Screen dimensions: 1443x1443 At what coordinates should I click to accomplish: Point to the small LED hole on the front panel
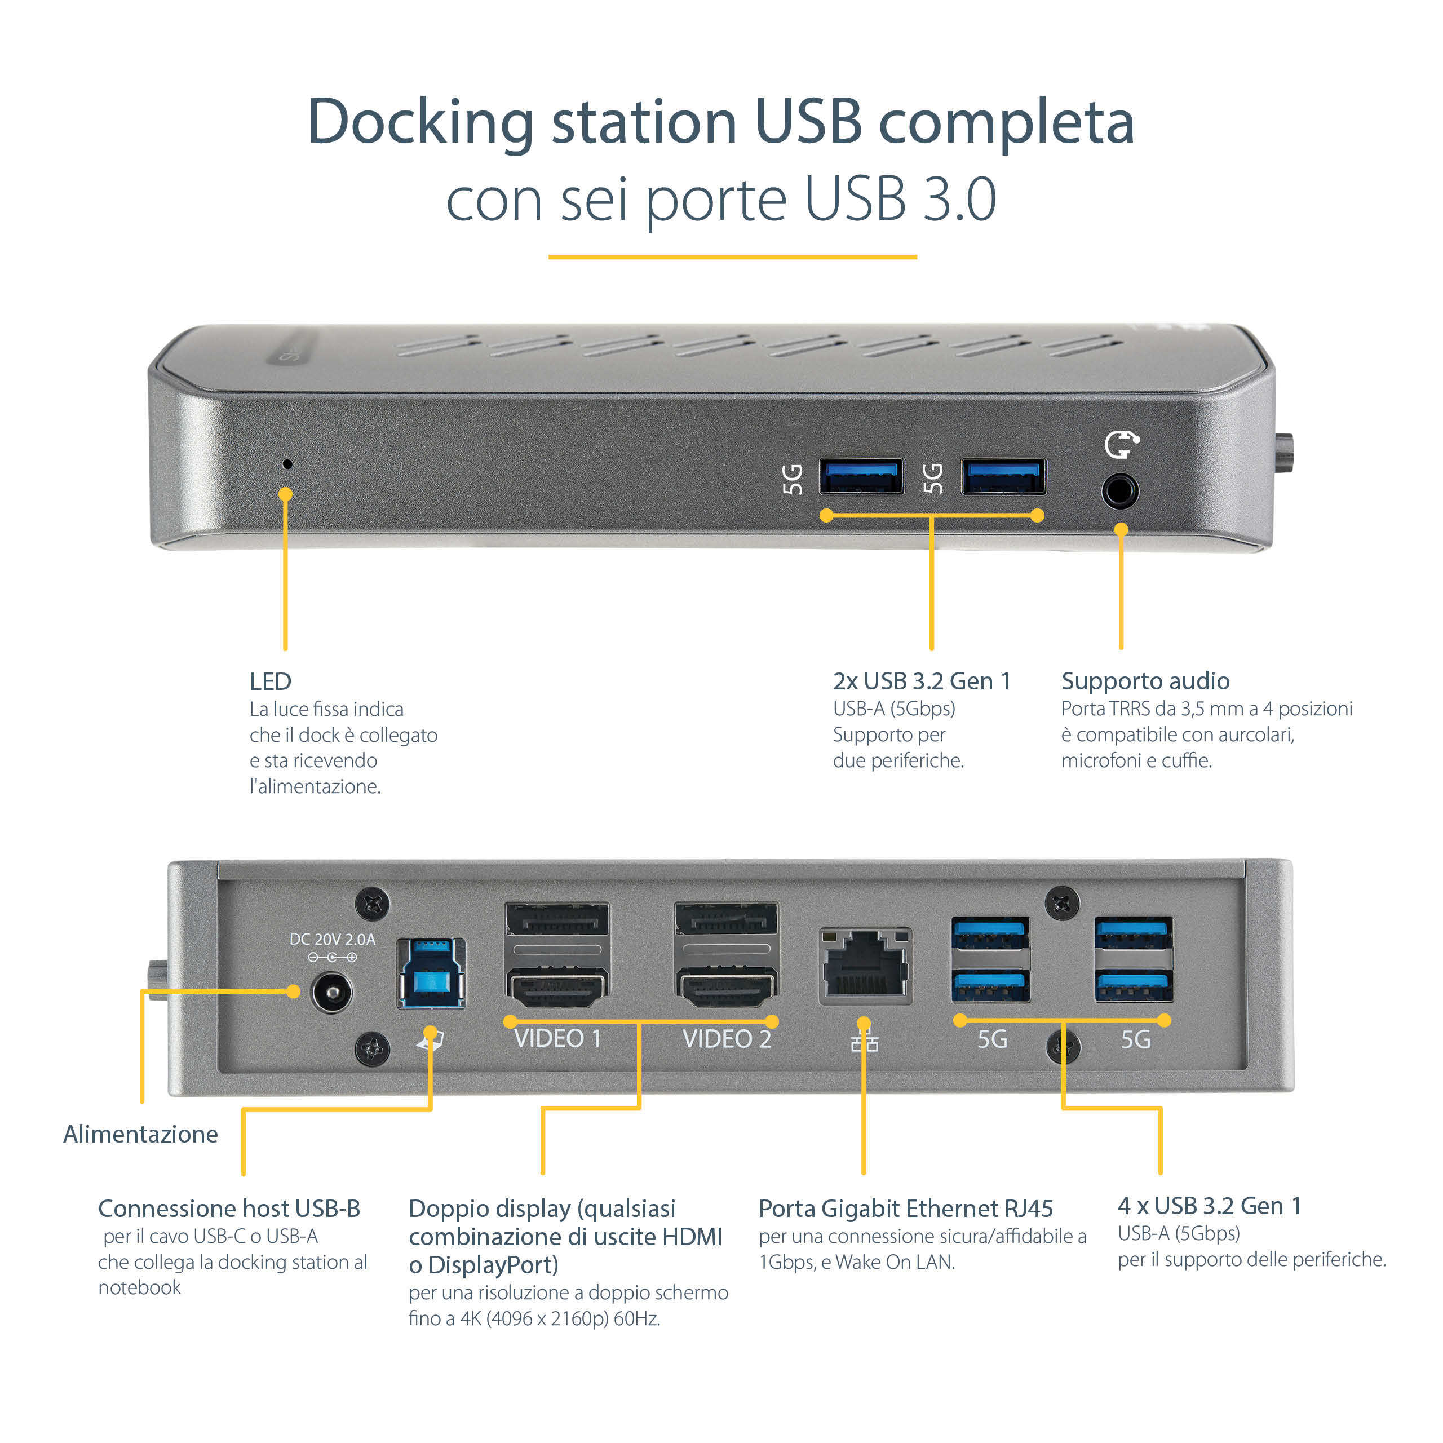pyautogui.click(x=287, y=464)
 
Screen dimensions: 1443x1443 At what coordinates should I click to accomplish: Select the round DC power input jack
pyautogui.click(x=331, y=993)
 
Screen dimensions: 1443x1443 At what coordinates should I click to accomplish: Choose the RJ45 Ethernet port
pyautogui.click(x=865, y=964)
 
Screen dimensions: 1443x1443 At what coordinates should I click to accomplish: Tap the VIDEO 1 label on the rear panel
pyautogui.click(x=557, y=1039)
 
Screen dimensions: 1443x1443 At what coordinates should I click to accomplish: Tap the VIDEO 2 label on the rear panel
pyautogui.click(x=726, y=1039)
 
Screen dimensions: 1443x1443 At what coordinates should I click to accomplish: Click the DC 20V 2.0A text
pyautogui.click(x=333, y=939)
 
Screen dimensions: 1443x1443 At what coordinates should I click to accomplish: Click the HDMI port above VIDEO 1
pyautogui.click(x=557, y=988)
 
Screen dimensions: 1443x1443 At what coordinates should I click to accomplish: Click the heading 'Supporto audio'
pyautogui.click(x=1145, y=680)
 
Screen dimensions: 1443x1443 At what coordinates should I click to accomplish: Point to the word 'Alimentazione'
pyautogui.click(x=140, y=1134)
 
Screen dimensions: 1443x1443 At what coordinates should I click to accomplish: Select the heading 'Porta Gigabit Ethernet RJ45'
pyautogui.click(x=905, y=1208)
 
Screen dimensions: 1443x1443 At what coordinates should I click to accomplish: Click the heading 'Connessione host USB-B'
pyautogui.click(x=229, y=1208)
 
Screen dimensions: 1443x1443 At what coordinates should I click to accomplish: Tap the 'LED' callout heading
pyautogui.click(x=271, y=681)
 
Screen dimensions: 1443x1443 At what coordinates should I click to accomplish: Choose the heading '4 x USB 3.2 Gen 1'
pyautogui.click(x=1209, y=1206)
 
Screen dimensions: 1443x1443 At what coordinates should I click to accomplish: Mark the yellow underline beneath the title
pyautogui.click(x=732, y=257)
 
